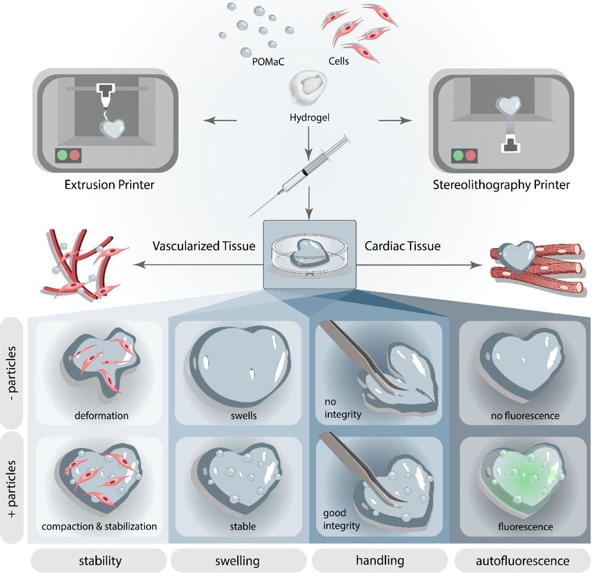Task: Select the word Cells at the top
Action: coord(338,61)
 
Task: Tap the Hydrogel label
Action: coord(309,117)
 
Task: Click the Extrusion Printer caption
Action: coord(109,185)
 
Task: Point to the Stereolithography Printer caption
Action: coord(501,185)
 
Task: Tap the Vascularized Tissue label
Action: coord(205,245)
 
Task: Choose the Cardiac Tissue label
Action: coord(402,245)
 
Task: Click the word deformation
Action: coord(101,415)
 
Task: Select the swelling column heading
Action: coord(237,560)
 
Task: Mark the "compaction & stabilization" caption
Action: coord(100,526)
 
